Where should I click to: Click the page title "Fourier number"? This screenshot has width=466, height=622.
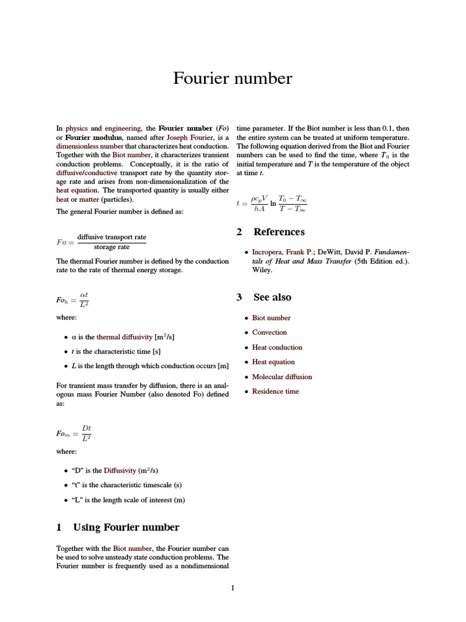[x=232, y=78]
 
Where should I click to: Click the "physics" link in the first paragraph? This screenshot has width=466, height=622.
[x=76, y=128]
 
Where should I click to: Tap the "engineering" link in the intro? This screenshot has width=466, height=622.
[x=123, y=128]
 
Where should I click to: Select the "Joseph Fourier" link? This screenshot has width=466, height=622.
[x=190, y=137]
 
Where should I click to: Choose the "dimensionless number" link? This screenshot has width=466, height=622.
[x=90, y=146]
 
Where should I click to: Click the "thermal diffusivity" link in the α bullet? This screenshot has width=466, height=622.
[x=124, y=337]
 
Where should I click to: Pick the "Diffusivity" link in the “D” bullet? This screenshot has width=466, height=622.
[x=120, y=470]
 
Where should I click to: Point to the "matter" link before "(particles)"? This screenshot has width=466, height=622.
[x=89, y=199]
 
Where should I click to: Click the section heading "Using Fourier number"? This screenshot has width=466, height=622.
[x=126, y=527]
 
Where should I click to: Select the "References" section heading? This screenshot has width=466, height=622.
[x=279, y=231]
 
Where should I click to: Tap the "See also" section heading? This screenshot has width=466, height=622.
[x=272, y=297]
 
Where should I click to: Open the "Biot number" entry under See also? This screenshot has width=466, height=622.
[x=271, y=318]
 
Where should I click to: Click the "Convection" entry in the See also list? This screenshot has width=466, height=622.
[x=269, y=332]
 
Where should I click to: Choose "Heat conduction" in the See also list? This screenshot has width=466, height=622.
[x=277, y=347]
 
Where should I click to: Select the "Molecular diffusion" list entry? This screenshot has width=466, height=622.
[x=282, y=377]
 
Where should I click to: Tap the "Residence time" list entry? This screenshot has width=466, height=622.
[x=275, y=391]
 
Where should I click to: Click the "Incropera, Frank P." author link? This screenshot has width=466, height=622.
[x=283, y=251]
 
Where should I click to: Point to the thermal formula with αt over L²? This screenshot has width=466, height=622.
[x=73, y=299]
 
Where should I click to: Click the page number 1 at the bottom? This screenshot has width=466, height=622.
[x=232, y=587]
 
